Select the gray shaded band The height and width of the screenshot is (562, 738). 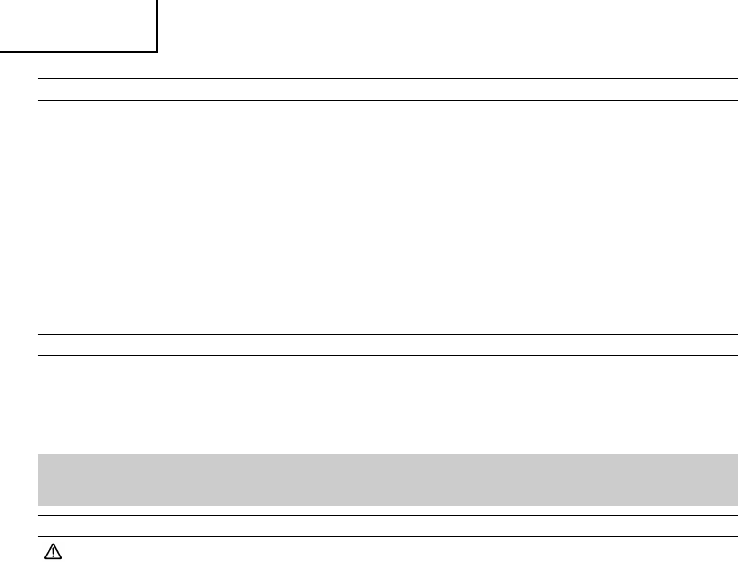387,479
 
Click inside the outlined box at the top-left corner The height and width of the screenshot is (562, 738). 77,24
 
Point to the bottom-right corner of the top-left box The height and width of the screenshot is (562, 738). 157,51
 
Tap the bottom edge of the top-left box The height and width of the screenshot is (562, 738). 78,51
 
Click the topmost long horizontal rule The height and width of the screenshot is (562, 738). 387,79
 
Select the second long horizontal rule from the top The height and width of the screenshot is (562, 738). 387,100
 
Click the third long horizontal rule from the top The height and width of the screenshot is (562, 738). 387,334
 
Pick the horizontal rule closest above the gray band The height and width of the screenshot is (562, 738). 387,355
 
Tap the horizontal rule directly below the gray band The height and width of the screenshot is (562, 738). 387,515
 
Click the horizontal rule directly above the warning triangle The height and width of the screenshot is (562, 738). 387,536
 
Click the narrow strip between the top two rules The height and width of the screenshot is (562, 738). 387,90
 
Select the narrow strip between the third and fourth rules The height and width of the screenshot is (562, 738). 387,345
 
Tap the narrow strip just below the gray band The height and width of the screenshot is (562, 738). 387,509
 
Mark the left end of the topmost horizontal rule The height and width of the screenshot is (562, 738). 39,79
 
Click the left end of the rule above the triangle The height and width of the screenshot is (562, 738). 39,536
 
